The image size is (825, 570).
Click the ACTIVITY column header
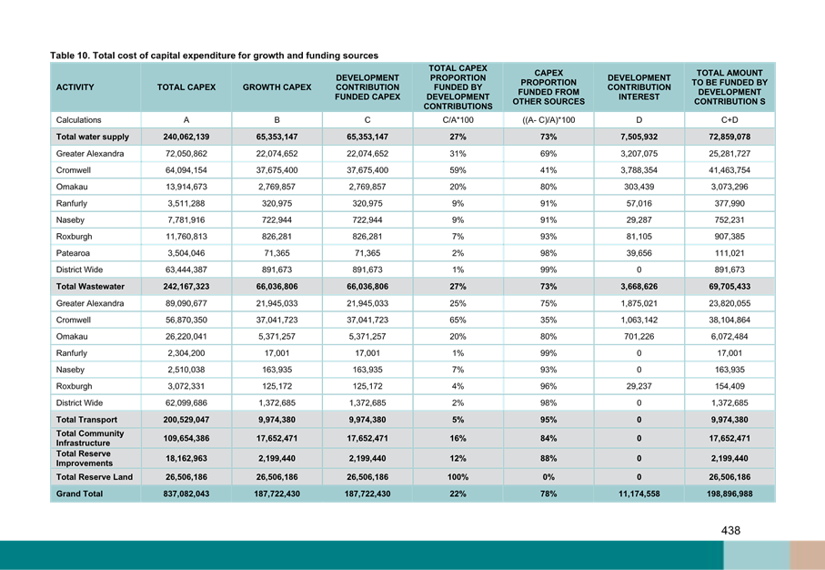tap(75, 87)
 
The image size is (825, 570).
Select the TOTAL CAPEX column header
tap(186, 87)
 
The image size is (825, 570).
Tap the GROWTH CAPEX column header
tap(277, 87)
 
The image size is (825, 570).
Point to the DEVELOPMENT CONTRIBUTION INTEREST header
tap(639, 87)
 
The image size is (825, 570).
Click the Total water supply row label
tap(81, 137)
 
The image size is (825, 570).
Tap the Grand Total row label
tap(79, 494)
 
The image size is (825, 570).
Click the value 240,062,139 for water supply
tap(186, 137)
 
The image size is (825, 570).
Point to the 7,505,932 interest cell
tap(639, 137)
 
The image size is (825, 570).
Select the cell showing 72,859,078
tap(729, 137)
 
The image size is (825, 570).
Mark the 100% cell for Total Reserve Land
tap(458, 477)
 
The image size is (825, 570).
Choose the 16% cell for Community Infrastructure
tap(458, 438)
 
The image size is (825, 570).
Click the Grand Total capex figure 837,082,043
tap(186, 494)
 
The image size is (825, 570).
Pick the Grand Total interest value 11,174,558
tap(639, 494)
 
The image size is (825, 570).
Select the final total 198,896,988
tap(729, 494)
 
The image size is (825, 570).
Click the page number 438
tap(730, 530)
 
